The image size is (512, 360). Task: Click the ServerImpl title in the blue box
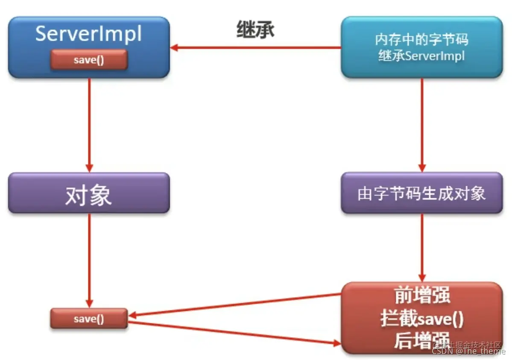[x=89, y=33]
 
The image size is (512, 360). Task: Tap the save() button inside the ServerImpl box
[x=89, y=60]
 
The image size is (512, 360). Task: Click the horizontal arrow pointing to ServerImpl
[x=256, y=48]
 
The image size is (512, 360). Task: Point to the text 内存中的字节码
[x=421, y=40]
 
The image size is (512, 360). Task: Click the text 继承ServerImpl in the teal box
[x=421, y=56]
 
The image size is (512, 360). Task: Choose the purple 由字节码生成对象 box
[x=421, y=193]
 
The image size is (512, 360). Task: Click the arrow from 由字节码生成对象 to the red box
[x=422, y=248]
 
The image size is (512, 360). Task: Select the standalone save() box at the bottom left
[x=89, y=319]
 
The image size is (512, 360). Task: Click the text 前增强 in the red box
[x=421, y=296]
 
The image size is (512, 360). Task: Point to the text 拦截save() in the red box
[x=421, y=319]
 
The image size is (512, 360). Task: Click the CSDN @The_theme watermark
[x=468, y=351]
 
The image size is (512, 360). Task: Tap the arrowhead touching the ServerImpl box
[x=174, y=48]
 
